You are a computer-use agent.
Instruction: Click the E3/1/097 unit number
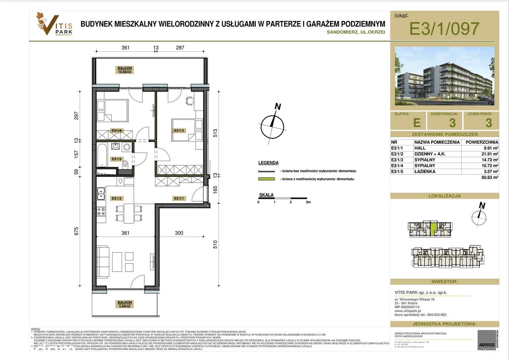[x=444, y=29]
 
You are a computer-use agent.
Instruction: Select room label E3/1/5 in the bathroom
[x=117, y=159]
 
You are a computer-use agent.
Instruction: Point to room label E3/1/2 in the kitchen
[x=117, y=198]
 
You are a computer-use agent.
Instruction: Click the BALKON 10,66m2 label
[x=124, y=70]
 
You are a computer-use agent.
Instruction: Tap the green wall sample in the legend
[x=266, y=179]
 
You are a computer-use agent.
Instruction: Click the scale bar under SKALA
[x=283, y=198]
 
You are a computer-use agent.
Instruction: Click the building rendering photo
[x=444, y=76]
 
